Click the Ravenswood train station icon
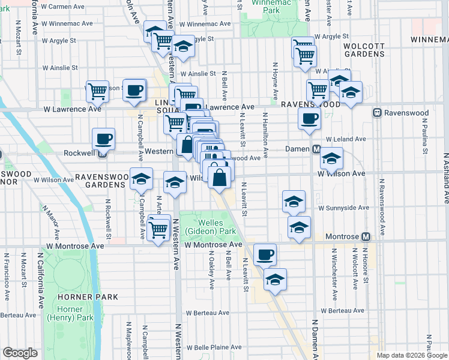click(x=378, y=113)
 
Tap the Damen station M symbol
click(x=315, y=149)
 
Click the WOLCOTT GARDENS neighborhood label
click(x=364, y=49)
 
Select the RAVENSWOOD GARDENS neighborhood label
click(x=102, y=178)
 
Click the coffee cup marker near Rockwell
click(x=103, y=139)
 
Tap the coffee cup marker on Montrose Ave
click(x=265, y=254)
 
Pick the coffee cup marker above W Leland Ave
click(x=310, y=119)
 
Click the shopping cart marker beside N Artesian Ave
click(x=158, y=229)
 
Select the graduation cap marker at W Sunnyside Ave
click(x=294, y=202)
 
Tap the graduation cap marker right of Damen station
click(x=331, y=158)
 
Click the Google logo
click(x=20, y=353)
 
